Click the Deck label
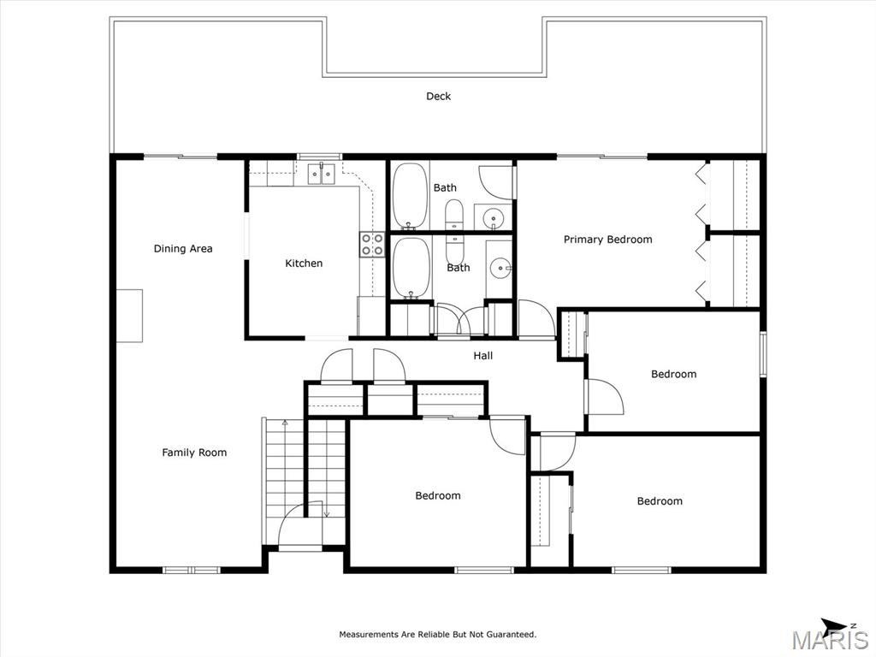[439, 96]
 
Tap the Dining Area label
[183, 249]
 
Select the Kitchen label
[304, 263]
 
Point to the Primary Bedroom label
[608, 240]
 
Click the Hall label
[483, 355]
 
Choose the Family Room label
[194, 453]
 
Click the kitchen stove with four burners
[372, 244]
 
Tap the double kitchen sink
[322, 174]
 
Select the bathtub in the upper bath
[410, 196]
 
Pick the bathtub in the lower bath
[411, 268]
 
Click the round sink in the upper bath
[492, 216]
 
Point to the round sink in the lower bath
[500, 269]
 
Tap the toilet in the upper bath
[454, 215]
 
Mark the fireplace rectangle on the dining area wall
[129, 316]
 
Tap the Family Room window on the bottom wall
[192, 570]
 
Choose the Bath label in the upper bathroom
[445, 187]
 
